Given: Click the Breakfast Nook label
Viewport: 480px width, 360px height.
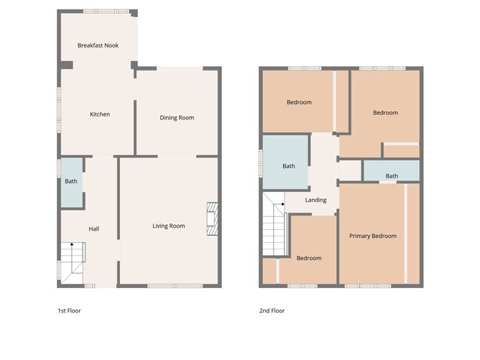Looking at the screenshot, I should point(98,45).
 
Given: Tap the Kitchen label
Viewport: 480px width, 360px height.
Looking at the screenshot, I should point(99,114).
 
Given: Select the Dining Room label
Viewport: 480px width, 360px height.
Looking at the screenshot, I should point(177,118).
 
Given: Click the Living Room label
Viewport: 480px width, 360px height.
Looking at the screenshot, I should point(168,226).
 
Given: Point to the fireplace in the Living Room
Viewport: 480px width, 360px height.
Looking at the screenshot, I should point(212,218).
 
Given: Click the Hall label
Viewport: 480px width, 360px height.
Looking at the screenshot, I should point(93,229).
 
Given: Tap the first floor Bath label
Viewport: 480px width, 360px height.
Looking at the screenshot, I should point(70,181).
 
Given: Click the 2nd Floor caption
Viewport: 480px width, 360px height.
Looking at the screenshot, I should point(272,311).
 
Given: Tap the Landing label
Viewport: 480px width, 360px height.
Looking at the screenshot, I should point(315,200).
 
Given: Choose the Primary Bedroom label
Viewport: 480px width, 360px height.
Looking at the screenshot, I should point(372,236).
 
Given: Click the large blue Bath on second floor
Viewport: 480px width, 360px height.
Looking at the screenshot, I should point(287,166).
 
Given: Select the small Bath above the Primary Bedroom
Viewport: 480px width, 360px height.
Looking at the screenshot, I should point(392,176).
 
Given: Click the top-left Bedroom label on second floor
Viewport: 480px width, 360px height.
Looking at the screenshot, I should point(299,102).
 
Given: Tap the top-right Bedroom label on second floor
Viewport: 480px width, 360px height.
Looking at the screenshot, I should point(385,113).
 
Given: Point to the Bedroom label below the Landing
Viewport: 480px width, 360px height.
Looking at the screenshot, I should point(309,258).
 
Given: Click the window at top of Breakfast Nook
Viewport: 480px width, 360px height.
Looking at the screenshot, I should point(106,11).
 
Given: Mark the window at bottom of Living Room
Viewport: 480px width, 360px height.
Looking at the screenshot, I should point(170,286).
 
